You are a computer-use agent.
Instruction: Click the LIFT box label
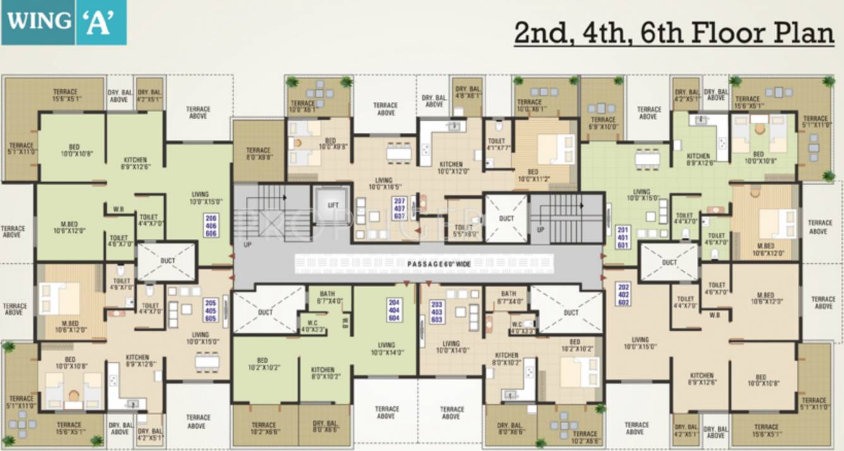coord(333,206)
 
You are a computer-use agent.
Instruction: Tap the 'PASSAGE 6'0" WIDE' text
coord(438,264)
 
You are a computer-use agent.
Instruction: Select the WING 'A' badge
coord(64,22)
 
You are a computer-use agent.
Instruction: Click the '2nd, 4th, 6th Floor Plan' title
coord(673,33)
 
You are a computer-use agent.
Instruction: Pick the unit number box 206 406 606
coord(211,226)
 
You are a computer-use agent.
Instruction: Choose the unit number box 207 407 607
coord(399,208)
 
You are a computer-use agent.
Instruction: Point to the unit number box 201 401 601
coord(623,237)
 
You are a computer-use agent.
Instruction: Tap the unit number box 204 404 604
coord(395,311)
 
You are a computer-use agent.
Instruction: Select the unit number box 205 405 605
coord(211,311)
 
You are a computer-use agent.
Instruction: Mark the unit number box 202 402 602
coord(623,294)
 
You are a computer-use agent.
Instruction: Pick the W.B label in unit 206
coord(118,209)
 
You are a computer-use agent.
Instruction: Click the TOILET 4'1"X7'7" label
coord(498,146)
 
